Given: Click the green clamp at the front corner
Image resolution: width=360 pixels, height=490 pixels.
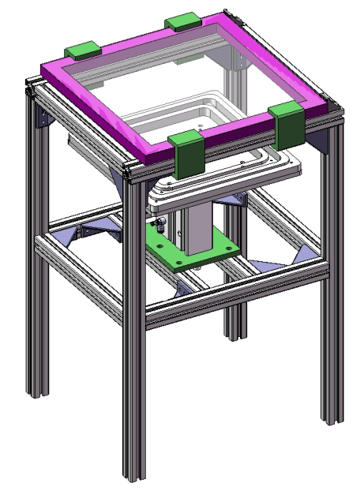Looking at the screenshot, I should click(x=188, y=154).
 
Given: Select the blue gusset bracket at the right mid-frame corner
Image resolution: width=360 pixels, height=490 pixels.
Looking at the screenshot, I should click(x=304, y=254).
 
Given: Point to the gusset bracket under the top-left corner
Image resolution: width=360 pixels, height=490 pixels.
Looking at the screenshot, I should click(x=43, y=118).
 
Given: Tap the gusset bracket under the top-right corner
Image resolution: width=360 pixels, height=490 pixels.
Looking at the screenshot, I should click(x=320, y=142).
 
